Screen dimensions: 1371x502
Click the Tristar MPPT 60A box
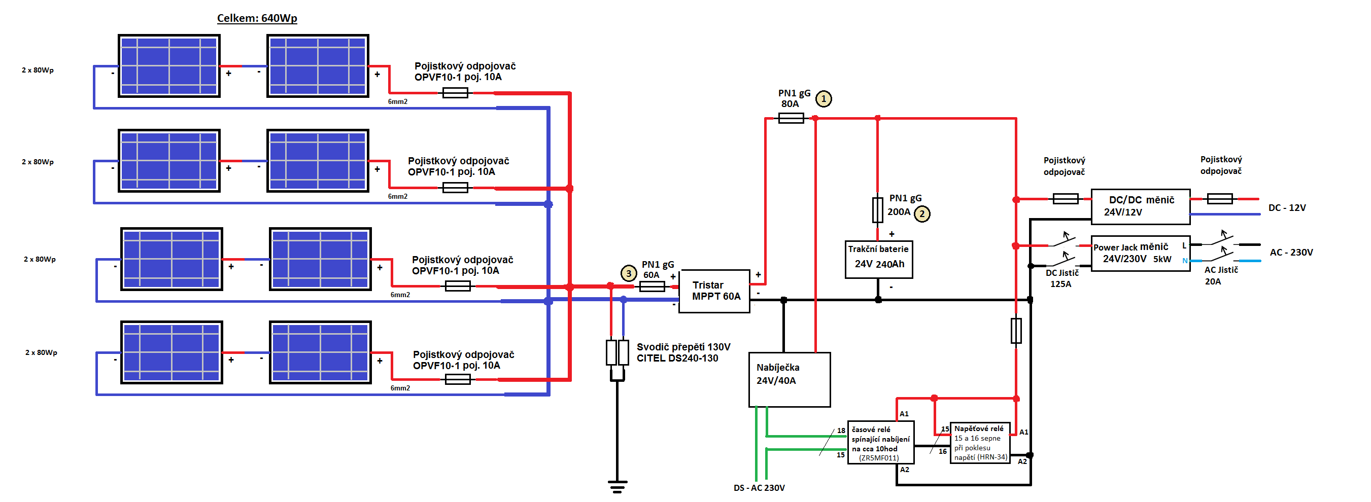pos(714,291)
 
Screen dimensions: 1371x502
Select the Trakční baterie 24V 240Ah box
pos(879,260)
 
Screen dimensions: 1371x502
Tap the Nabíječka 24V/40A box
pos(790,379)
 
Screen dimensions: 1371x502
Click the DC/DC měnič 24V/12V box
pos(1141,206)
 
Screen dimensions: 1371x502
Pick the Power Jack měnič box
pos(1141,253)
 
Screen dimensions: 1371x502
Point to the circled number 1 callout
pos(824,98)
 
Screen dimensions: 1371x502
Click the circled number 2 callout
pos(922,214)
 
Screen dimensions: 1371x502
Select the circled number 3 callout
pos(629,273)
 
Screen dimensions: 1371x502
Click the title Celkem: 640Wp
pos(257,18)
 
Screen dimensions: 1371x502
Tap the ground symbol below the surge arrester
pos(618,486)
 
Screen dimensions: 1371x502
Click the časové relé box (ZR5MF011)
pos(881,443)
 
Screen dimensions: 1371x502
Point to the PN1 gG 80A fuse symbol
pos(791,118)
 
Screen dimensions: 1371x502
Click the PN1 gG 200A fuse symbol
pos(878,210)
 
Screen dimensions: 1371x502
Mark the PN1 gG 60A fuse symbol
pos(652,286)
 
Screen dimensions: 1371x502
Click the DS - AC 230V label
pos(759,488)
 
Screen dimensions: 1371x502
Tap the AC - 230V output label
pos(1291,252)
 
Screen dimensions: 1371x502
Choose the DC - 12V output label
pos(1287,207)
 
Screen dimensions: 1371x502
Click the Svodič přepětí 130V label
pos(683,347)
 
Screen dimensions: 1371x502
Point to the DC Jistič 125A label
pos(1062,278)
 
